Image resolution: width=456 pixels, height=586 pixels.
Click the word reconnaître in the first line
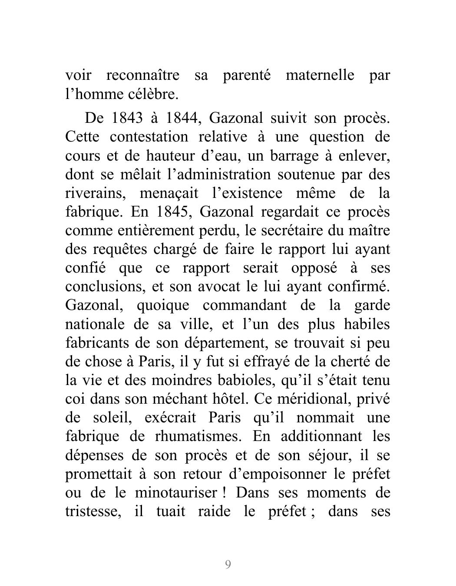point(142,76)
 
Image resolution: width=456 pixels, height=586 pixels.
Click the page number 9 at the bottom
point(228,565)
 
